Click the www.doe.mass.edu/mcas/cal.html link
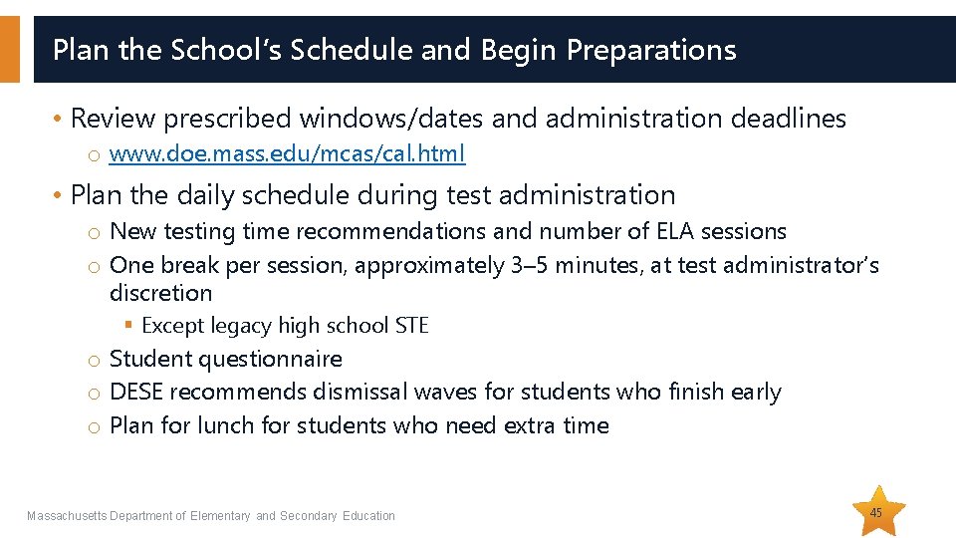pos(287,154)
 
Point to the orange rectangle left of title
pos(9,49)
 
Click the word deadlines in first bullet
pos(788,119)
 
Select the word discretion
pos(160,293)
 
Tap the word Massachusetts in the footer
pos(66,516)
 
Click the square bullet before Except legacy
pos(129,326)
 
